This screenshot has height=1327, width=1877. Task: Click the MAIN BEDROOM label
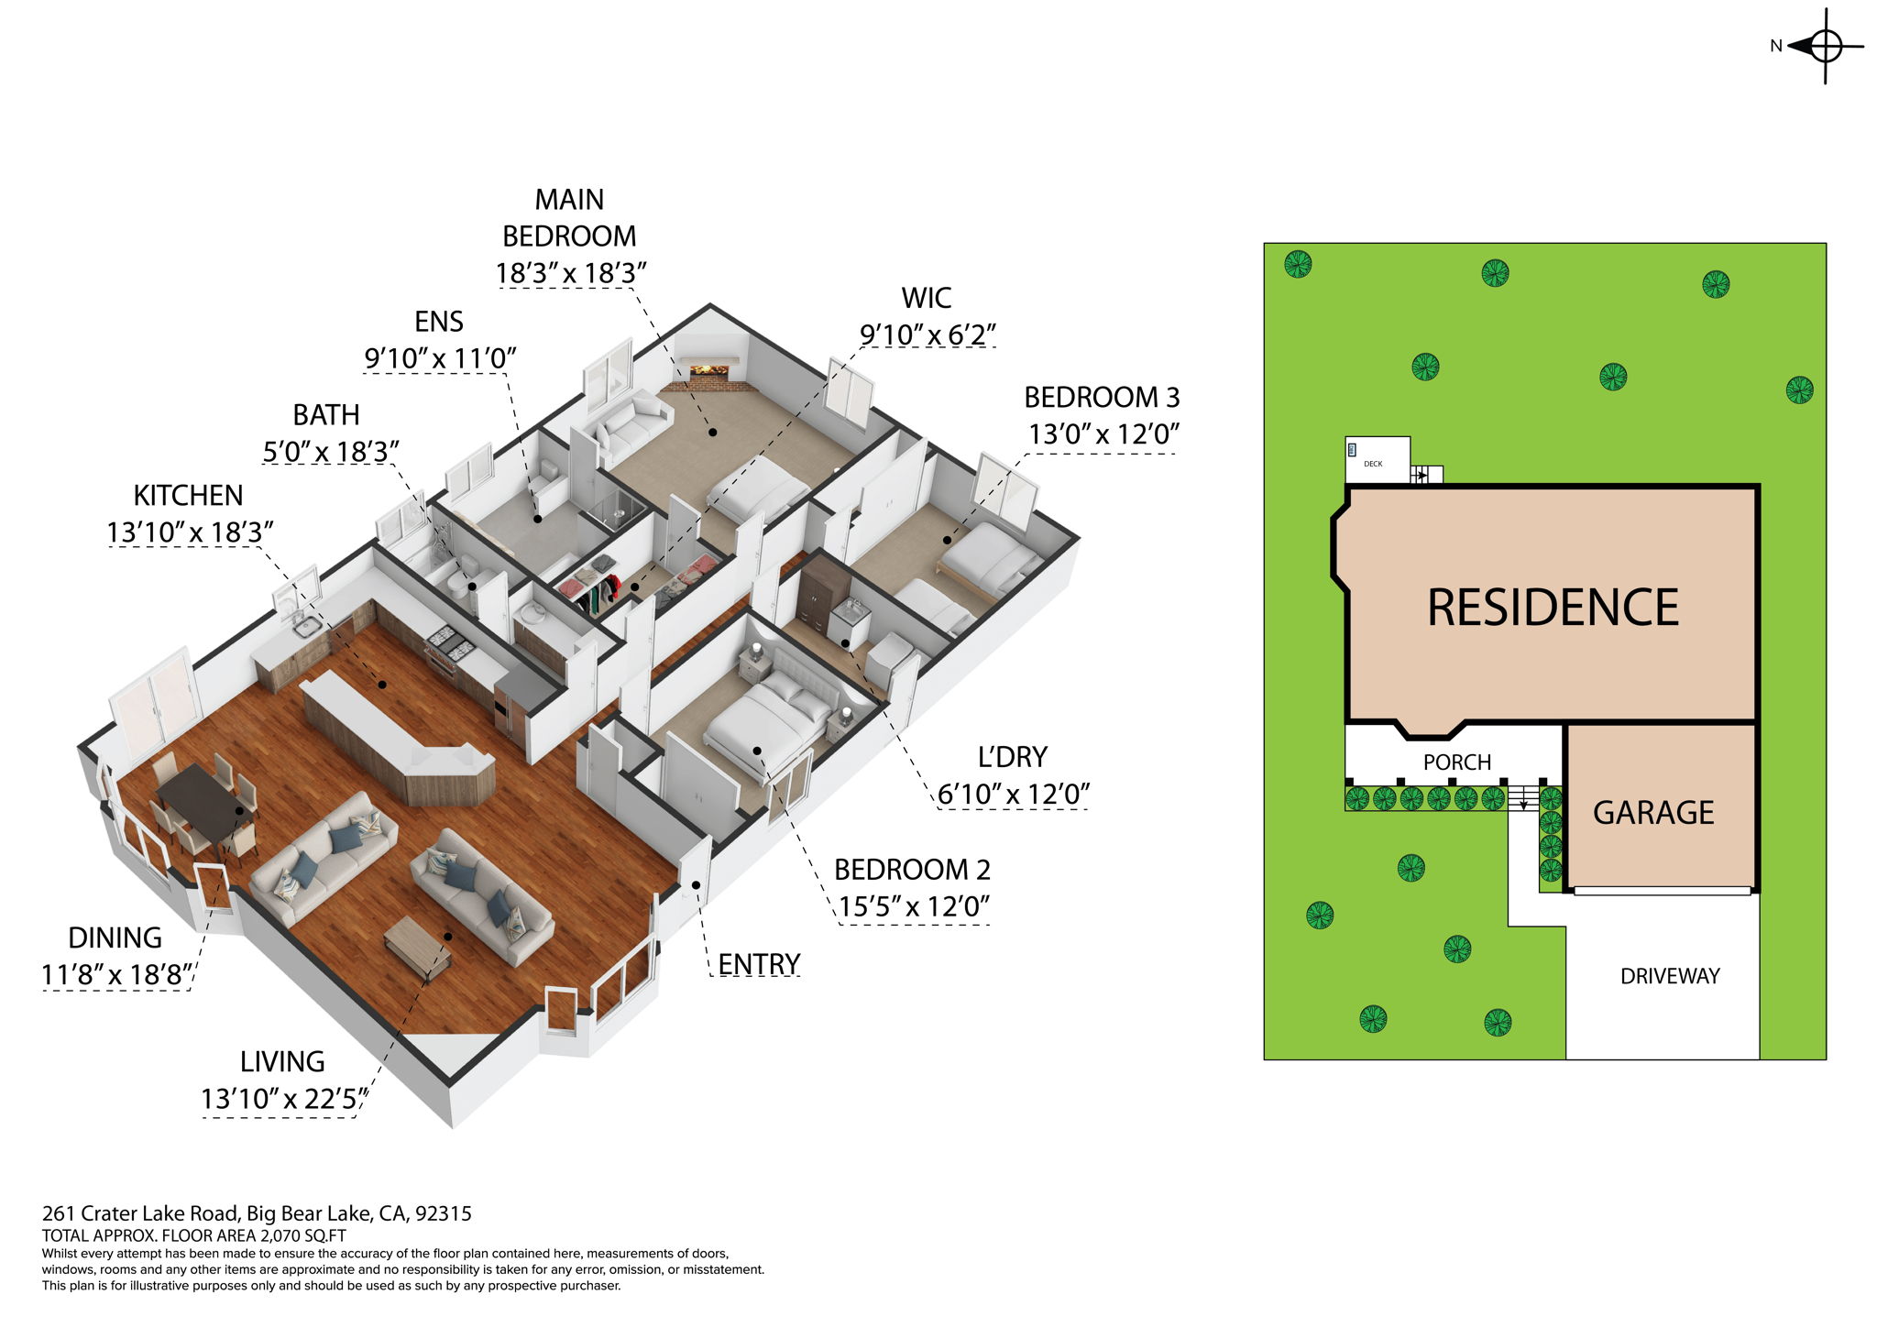569,218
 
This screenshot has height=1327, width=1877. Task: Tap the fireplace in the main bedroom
708,370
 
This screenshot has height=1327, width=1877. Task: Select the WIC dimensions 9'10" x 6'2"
928,335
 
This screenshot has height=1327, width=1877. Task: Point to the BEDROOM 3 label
1102,398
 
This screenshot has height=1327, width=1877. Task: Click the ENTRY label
759,964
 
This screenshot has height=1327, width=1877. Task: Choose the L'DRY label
1012,757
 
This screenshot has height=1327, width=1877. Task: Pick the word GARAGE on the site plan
1653,813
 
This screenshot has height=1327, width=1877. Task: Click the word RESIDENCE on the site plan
1553,608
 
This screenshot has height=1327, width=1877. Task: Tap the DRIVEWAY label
1670,976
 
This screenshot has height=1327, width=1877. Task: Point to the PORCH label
1457,762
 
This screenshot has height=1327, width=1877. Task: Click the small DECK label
1373,464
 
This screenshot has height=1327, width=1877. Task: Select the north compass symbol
1824,46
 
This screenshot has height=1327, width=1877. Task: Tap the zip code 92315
444,1213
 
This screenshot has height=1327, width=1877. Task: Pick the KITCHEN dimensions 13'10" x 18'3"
191,532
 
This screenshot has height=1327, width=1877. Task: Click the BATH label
326,415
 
